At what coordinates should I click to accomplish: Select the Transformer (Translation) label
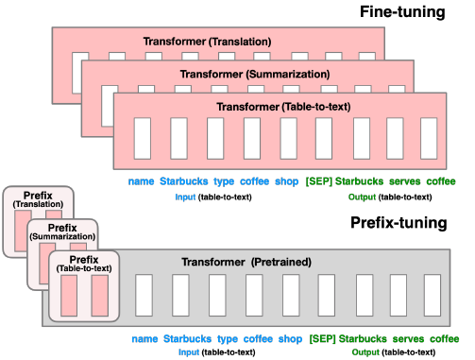[x=207, y=43]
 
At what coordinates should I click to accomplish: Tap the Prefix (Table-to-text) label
[x=84, y=264]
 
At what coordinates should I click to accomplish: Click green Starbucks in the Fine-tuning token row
[x=359, y=181]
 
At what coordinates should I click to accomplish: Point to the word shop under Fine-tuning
[x=286, y=181]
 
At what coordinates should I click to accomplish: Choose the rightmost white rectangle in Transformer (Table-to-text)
[x=436, y=138]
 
